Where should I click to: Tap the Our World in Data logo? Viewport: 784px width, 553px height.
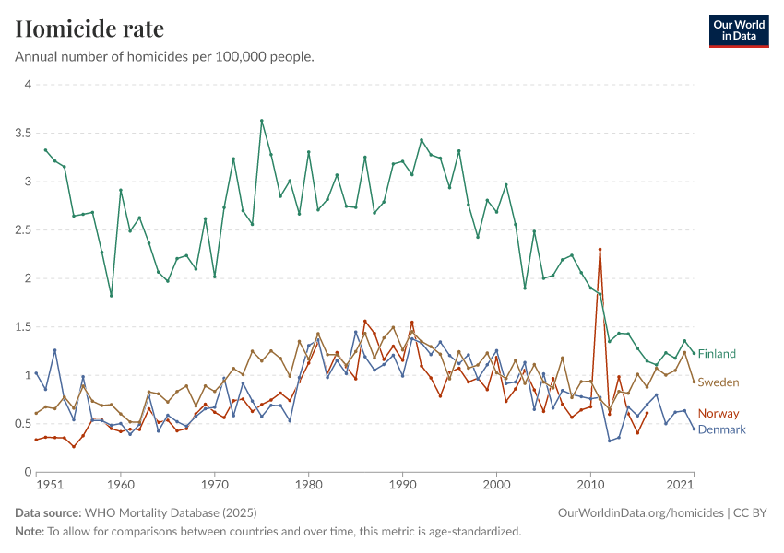pyautogui.click(x=738, y=30)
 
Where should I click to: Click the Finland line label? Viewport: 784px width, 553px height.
pyautogui.click(x=717, y=354)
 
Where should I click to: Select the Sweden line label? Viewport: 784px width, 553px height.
pyautogui.click(x=718, y=382)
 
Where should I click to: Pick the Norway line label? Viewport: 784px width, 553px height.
pyautogui.click(x=717, y=414)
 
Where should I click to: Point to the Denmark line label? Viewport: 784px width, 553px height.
pyautogui.click(x=722, y=429)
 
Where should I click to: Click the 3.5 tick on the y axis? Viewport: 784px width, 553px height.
pyautogui.click(x=24, y=133)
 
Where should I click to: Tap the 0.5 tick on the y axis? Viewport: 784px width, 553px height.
pyautogui.click(x=24, y=424)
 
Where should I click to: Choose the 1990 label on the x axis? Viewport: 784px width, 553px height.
pyautogui.click(x=402, y=484)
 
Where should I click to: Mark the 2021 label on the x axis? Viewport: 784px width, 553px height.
pyautogui.click(x=679, y=484)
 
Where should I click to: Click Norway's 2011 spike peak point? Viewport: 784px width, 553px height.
pyautogui.click(x=600, y=249)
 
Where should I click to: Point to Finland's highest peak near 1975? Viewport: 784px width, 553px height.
pyautogui.click(x=262, y=121)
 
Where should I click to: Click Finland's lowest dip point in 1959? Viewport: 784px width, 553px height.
pyautogui.click(x=111, y=296)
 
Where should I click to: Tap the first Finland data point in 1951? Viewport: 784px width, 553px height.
pyautogui.click(x=45, y=149)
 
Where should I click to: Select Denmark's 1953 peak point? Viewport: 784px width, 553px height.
pyautogui.click(x=54, y=350)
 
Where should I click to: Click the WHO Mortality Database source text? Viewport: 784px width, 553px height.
pyautogui.click(x=171, y=512)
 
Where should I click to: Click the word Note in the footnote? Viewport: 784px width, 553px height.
pyautogui.click(x=30, y=532)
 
